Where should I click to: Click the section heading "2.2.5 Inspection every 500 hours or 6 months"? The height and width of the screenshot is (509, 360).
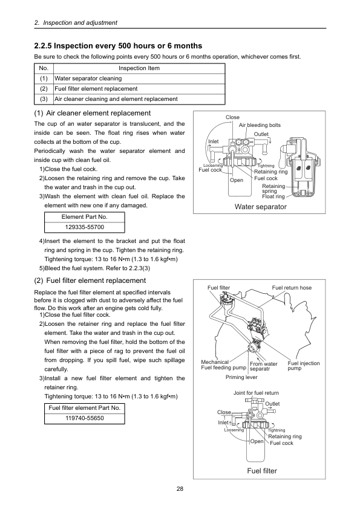point(118,46)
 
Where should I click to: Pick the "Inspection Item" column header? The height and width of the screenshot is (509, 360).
point(139,68)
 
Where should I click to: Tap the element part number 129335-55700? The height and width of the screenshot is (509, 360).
point(85,227)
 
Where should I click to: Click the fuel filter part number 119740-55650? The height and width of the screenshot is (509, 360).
point(85,418)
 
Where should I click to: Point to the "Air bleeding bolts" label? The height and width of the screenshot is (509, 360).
point(260,125)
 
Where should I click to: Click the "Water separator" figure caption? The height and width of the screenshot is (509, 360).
point(261,207)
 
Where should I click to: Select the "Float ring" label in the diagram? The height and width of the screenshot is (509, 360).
point(273,196)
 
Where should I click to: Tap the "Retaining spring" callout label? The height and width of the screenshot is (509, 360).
point(273,189)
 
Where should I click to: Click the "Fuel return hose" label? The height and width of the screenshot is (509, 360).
point(292,288)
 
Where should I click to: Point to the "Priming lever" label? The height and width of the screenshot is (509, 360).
point(241,377)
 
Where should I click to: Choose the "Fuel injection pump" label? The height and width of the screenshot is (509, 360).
point(304,366)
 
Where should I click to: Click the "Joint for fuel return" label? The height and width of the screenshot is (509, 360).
point(256,393)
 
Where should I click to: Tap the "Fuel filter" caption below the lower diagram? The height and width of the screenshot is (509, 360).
point(262,471)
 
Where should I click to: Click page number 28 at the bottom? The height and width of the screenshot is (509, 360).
point(180,489)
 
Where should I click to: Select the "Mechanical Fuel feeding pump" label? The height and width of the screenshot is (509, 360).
point(223,365)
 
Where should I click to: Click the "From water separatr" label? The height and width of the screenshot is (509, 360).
point(264,366)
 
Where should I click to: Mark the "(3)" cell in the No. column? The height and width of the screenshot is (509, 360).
point(44,99)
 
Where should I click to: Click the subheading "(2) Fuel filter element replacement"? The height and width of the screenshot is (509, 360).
point(90,280)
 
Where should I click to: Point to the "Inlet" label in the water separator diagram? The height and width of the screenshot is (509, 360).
point(214,141)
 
